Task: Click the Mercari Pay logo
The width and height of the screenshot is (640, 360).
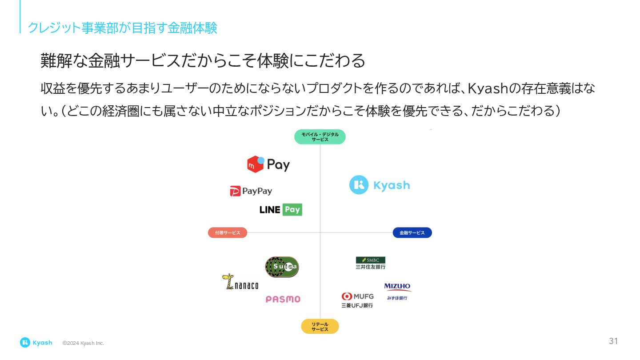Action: pyautogui.click(x=268, y=164)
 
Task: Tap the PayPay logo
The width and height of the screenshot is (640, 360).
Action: pyautogui.click(x=251, y=191)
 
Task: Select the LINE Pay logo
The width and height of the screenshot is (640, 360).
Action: pyautogui.click(x=280, y=209)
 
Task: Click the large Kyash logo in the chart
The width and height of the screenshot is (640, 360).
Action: pyautogui.click(x=380, y=185)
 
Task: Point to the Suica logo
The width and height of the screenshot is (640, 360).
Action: pyautogui.click(x=282, y=267)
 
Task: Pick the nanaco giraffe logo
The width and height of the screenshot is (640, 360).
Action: pyautogui.click(x=240, y=282)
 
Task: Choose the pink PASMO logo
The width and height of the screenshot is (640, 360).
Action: pyautogui.click(x=283, y=299)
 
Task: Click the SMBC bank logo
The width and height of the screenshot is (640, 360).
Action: pyautogui.click(x=371, y=263)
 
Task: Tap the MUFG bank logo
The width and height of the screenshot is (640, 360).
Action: pyautogui.click(x=357, y=300)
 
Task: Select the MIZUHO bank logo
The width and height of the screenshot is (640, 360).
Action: pyautogui.click(x=397, y=291)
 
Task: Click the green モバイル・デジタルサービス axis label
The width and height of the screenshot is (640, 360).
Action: pyautogui.click(x=320, y=137)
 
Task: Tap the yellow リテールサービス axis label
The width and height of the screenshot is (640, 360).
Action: pyautogui.click(x=320, y=327)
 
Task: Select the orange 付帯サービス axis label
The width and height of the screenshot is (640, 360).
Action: pyautogui.click(x=228, y=233)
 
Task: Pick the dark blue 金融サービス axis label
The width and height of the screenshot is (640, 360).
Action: pyautogui.click(x=412, y=233)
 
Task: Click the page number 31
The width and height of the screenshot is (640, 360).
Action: pyautogui.click(x=613, y=341)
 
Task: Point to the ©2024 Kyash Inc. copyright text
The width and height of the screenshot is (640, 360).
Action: pyautogui.click(x=83, y=343)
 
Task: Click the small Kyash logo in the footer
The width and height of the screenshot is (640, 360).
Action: pyautogui.click(x=36, y=343)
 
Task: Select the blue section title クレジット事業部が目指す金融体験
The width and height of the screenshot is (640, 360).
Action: pyautogui.click(x=122, y=28)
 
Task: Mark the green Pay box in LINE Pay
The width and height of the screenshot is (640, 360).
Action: pyautogui.click(x=292, y=209)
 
